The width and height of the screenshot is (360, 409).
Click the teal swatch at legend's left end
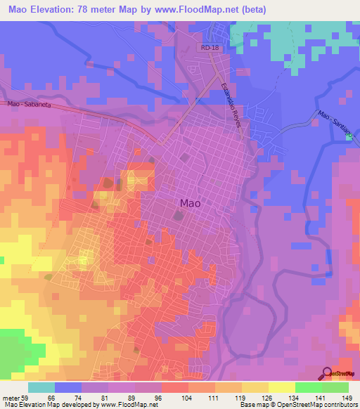click(x=41, y=387)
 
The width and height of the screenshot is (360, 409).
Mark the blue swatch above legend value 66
click(x=68, y=387)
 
